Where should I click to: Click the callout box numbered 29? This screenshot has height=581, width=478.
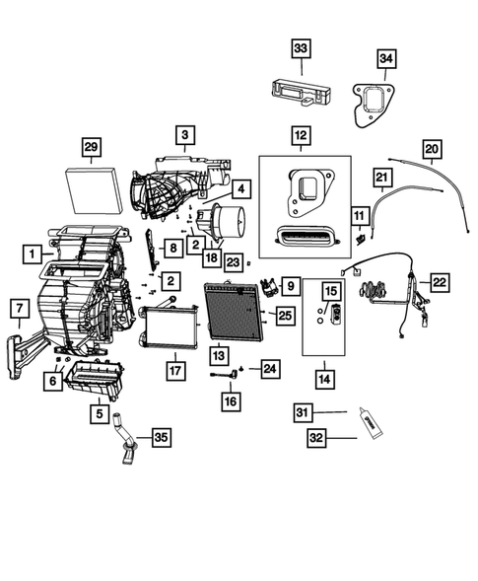[x=90, y=148]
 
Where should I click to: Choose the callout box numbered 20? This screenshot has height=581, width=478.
[x=431, y=148]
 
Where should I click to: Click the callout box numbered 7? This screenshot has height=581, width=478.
[x=18, y=309]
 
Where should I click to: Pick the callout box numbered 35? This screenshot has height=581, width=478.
[x=160, y=437]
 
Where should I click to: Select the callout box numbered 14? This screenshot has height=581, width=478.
[x=325, y=376]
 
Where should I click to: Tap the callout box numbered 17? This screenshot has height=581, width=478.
[x=173, y=371]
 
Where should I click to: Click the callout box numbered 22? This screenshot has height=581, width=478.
[x=438, y=283]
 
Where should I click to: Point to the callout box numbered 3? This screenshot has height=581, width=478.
[x=185, y=134]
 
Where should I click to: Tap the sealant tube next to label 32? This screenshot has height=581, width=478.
[x=376, y=424]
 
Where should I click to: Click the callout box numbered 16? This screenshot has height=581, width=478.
[x=229, y=400]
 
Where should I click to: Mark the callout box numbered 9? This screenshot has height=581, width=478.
[x=291, y=286]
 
